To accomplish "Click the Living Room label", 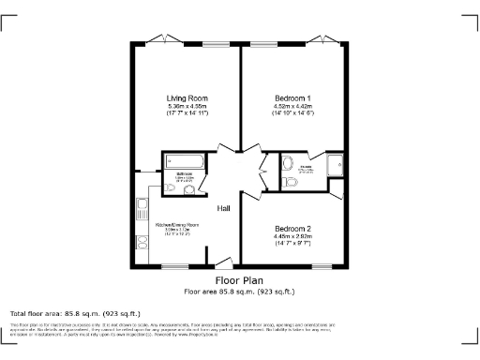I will pos(187,98).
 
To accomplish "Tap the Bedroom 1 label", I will pos(293,98).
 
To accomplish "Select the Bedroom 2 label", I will pos(293,228).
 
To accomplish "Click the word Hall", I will pos(225,208).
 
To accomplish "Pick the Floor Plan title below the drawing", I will pos(238,280).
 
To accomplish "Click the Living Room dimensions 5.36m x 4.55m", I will pos(187,106).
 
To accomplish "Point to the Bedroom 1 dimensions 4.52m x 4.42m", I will pos(293,106).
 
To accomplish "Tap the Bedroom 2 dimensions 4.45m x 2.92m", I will pos(293,236).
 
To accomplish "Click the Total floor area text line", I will pos(75,313).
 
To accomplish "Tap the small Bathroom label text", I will pos(185,172).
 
